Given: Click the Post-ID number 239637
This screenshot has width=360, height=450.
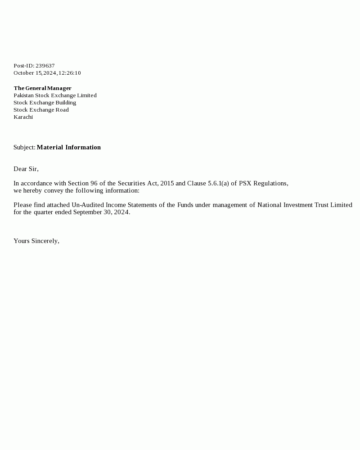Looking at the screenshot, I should [x=45, y=66].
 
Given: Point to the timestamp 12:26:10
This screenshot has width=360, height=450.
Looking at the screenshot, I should [x=70, y=73].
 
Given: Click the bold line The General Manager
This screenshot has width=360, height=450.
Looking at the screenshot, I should [x=42, y=88].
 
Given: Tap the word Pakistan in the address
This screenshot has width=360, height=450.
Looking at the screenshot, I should [x=23, y=95].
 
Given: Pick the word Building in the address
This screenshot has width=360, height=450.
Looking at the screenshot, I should [x=66, y=103].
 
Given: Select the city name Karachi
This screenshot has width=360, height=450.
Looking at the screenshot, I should [x=23, y=117].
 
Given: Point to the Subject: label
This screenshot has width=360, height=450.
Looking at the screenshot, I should [x=24, y=147].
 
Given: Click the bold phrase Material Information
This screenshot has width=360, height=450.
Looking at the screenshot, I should [x=68, y=147].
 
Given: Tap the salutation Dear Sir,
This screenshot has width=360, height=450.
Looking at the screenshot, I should [x=26, y=169].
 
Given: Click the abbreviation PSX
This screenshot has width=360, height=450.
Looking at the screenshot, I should [x=245, y=183].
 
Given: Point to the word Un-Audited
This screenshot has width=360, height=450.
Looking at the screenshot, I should [x=88, y=205].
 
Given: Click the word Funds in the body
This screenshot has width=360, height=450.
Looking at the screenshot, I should [x=185, y=205].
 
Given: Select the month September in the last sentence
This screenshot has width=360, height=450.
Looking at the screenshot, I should [x=88, y=212].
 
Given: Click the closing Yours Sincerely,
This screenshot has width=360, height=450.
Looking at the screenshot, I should [x=36, y=241].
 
